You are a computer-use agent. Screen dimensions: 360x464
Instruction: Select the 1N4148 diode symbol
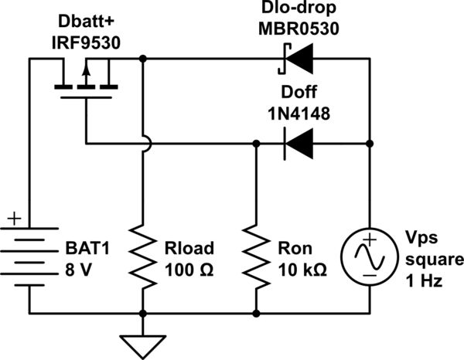click(x=299, y=143)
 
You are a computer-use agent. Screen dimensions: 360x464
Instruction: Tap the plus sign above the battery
click(x=13, y=220)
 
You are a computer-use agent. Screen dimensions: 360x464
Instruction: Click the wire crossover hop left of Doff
click(x=142, y=143)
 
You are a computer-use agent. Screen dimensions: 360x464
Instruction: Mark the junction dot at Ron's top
click(x=255, y=143)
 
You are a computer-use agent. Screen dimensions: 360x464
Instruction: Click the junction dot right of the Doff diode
click(x=370, y=143)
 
